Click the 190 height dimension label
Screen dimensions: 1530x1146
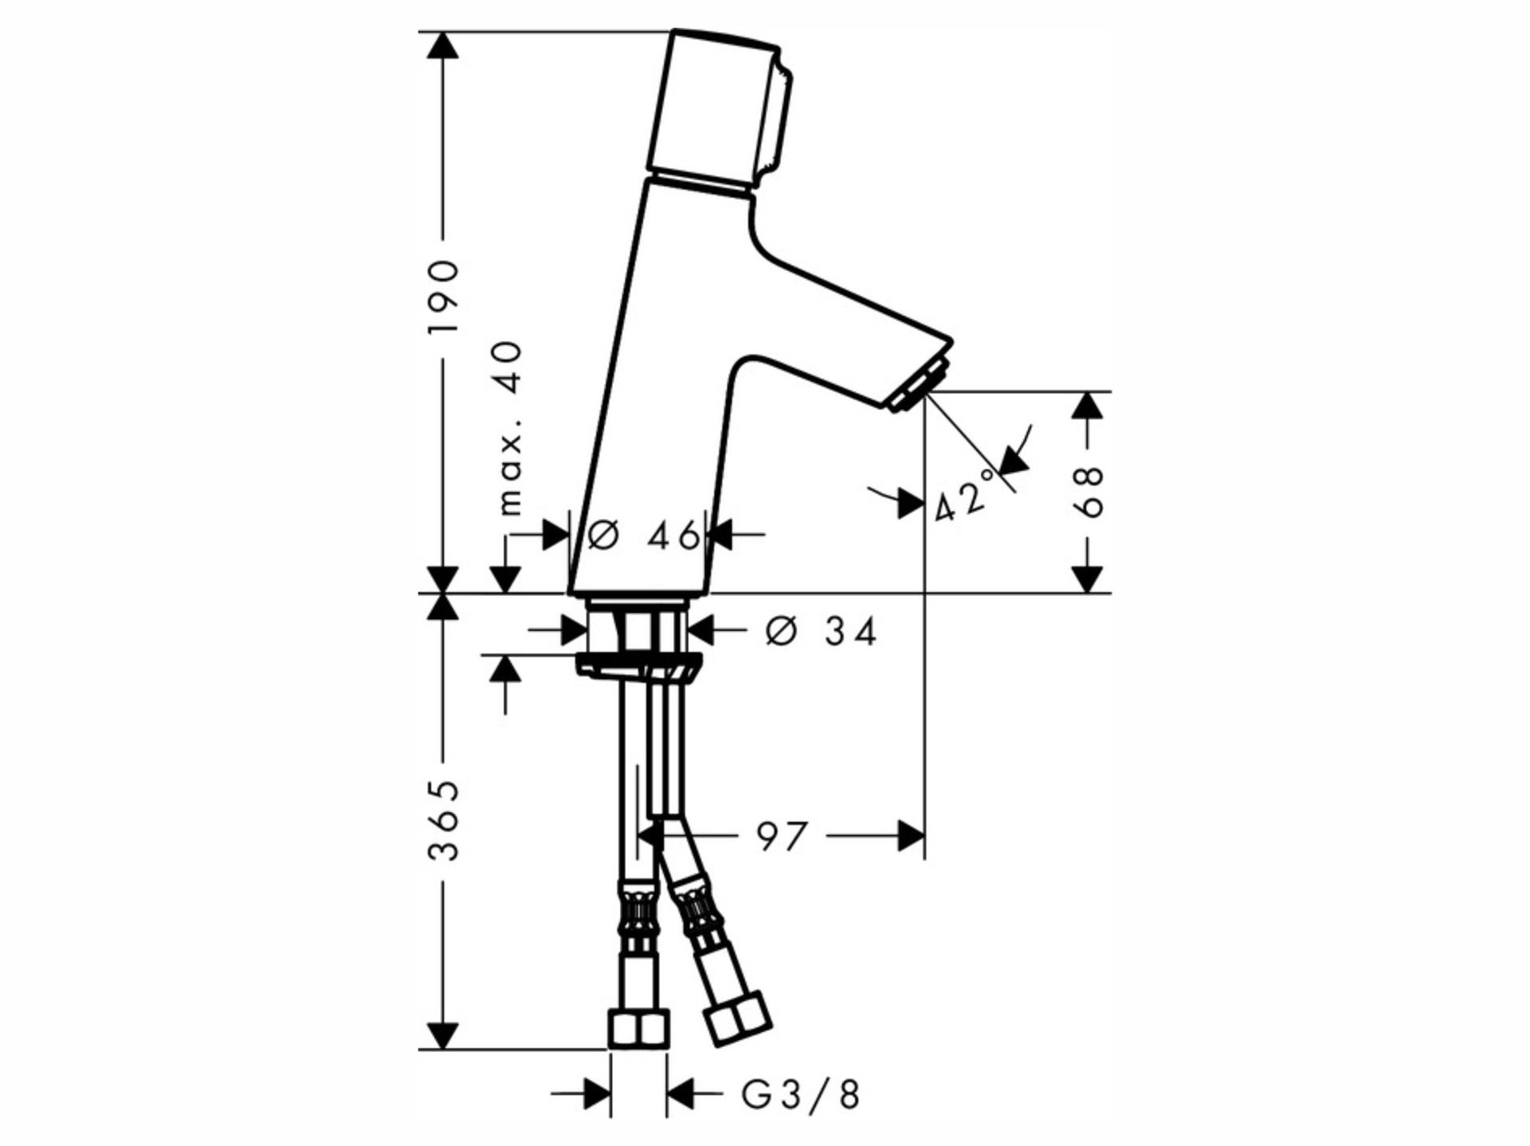point(443,297)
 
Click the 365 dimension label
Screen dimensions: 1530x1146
point(443,821)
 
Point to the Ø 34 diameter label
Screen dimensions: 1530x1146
point(821,632)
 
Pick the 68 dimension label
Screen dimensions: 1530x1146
point(1089,492)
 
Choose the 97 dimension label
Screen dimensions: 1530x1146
point(782,837)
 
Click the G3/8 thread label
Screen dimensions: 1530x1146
point(801,1095)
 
